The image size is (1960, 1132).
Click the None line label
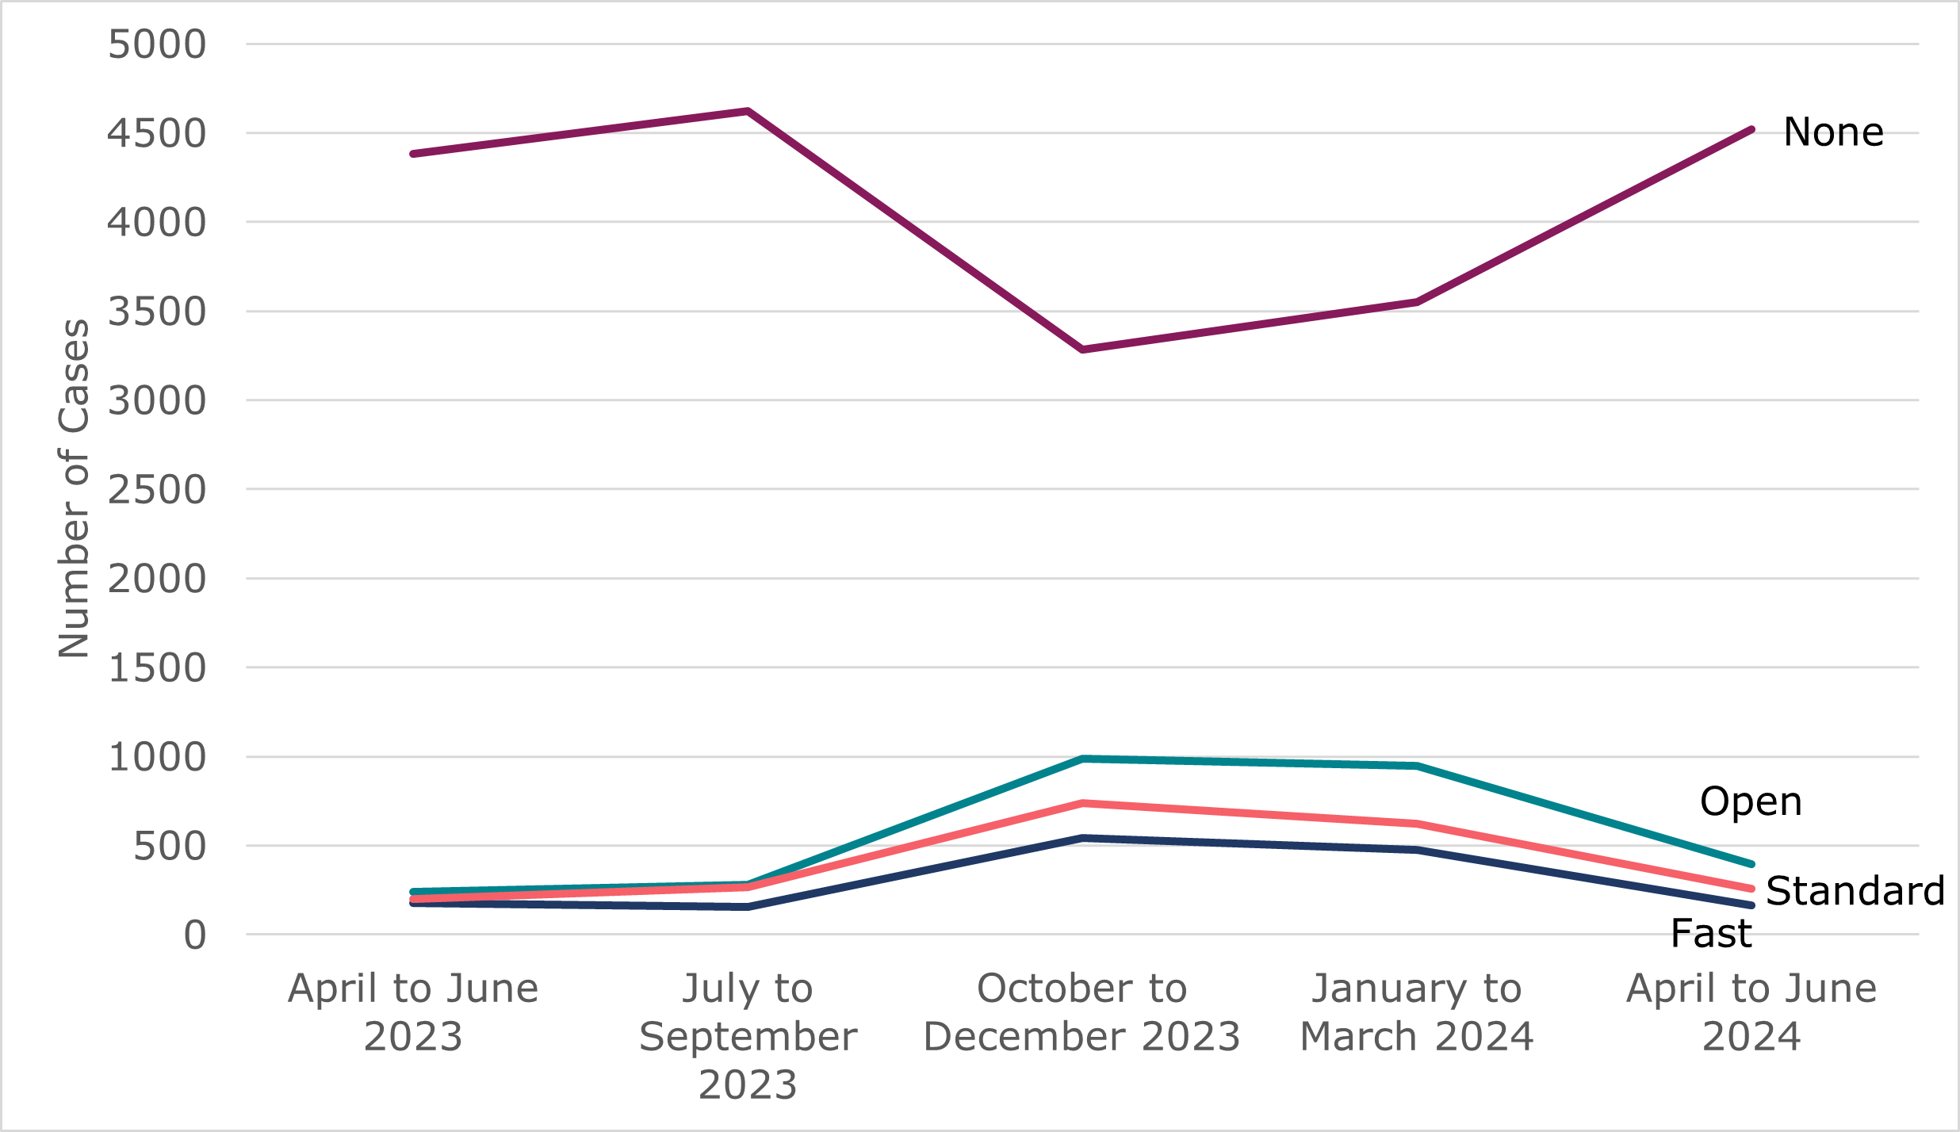[x=1833, y=132]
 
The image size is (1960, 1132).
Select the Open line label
[x=1751, y=801]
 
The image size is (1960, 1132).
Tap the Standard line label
[x=1855, y=890]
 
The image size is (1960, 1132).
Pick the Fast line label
[x=1711, y=933]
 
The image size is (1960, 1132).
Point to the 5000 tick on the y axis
[x=157, y=44]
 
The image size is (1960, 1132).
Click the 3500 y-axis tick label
[x=157, y=312]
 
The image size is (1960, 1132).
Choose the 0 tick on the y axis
[x=195, y=935]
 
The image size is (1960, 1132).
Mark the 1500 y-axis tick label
[x=157, y=668]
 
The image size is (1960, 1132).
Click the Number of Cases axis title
[x=74, y=488]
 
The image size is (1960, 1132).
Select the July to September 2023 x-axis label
[x=748, y=1036]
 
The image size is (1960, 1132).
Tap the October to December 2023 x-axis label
[x=1082, y=1012]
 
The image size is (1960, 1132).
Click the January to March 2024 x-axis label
[x=1417, y=1012]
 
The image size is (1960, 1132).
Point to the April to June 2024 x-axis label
[x=1751, y=1012]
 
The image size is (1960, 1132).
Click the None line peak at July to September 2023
[x=748, y=111]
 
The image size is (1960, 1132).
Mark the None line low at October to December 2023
[x=1082, y=349]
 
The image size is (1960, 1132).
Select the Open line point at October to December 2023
[x=1082, y=759]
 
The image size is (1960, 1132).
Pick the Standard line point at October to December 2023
[x=1082, y=803]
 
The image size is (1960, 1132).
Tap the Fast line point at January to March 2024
[x=1417, y=850]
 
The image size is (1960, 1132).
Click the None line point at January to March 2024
[x=1417, y=302]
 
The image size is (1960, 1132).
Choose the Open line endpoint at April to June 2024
[x=1751, y=864]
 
